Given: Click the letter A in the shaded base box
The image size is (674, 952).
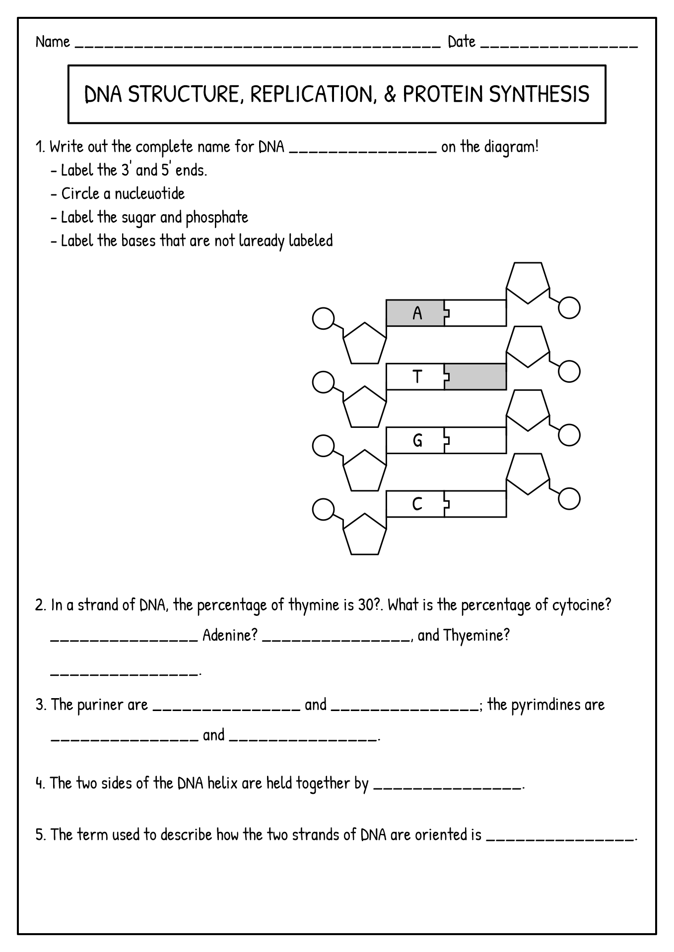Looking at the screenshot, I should (x=417, y=313).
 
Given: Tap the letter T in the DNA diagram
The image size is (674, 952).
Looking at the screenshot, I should (x=417, y=377).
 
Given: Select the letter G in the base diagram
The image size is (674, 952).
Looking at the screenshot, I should (x=417, y=440).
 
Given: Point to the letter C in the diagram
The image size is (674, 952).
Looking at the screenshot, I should (x=417, y=504).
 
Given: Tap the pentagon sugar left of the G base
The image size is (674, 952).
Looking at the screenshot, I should (x=365, y=471).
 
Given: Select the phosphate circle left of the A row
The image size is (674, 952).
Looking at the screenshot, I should (x=323, y=318).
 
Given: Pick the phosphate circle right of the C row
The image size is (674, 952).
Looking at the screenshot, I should (x=569, y=499).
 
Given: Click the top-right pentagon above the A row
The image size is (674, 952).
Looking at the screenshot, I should (x=528, y=282).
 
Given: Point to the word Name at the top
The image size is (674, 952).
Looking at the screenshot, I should (x=53, y=42).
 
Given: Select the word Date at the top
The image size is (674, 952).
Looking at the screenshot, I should (x=462, y=42).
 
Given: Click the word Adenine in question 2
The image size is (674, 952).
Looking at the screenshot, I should (x=230, y=635).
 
